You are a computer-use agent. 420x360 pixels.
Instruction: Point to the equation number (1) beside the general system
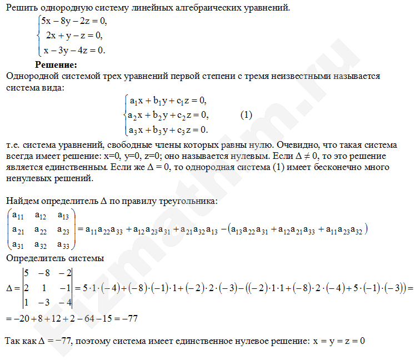click(x=247, y=115)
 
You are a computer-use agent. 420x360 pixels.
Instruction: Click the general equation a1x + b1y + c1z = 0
click(x=168, y=101)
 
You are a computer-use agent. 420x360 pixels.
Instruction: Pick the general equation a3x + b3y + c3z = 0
click(x=168, y=129)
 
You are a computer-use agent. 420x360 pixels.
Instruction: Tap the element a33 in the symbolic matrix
click(x=64, y=243)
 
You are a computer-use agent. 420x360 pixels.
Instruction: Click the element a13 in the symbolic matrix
click(x=64, y=216)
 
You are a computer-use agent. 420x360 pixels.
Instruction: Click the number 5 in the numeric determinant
click(x=26, y=273)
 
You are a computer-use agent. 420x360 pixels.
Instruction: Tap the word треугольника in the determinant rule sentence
click(x=183, y=201)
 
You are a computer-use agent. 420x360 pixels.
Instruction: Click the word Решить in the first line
click(x=18, y=8)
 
